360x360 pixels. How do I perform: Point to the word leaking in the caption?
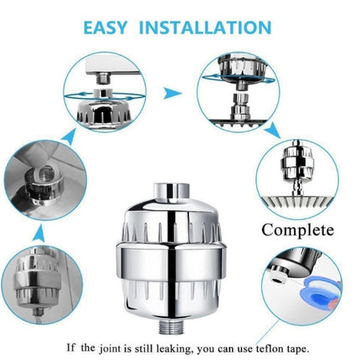pos(156,345)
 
